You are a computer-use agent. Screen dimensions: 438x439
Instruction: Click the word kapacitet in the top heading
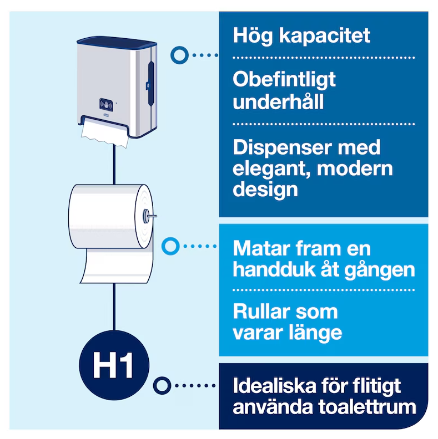click(x=324, y=36)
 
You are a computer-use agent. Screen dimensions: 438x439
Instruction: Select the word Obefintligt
click(x=284, y=80)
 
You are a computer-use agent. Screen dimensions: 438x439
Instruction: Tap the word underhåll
click(x=278, y=101)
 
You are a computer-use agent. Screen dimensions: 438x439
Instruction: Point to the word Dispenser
click(x=283, y=147)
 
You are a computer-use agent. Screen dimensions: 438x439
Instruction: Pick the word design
click(x=265, y=189)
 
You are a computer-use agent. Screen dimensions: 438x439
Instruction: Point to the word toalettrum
click(x=367, y=407)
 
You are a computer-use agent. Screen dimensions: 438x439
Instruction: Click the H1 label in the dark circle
click(x=113, y=366)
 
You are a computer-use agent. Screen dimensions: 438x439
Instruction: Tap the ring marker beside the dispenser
click(x=179, y=55)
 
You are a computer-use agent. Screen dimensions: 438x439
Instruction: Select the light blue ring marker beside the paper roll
click(x=170, y=246)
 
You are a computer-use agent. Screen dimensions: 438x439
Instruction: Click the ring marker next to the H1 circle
click(x=162, y=386)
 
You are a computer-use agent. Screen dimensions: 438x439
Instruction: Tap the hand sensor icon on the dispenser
click(x=106, y=105)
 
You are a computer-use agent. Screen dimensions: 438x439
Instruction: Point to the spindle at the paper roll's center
click(x=149, y=216)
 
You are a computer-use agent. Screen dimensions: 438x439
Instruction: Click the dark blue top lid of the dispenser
click(x=117, y=41)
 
